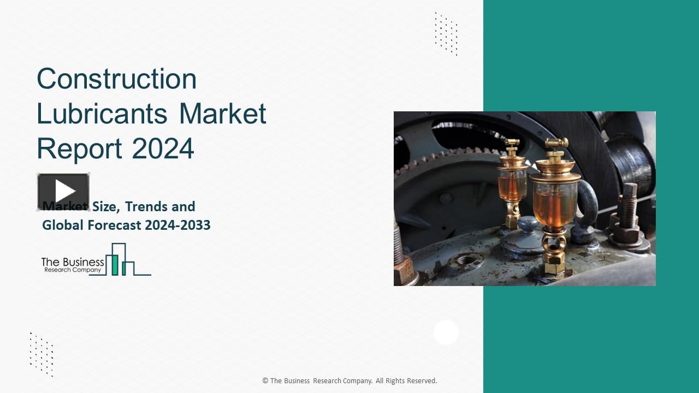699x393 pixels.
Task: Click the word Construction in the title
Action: pos(116,79)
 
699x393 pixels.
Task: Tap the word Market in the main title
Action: pos(223,114)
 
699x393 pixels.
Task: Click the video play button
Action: pos(63,192)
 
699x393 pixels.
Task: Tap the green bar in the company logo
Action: pos(115,264)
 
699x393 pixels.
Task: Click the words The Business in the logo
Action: pos(73,262)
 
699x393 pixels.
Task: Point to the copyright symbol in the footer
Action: pos(265,381)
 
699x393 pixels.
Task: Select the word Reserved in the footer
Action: pos(420,381)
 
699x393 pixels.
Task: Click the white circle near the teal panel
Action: pos(446,332)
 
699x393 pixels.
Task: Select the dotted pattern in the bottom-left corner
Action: pos(42,354)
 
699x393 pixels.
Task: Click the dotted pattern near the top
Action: pos(446,33)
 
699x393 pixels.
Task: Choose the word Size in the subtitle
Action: pos(105,207)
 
